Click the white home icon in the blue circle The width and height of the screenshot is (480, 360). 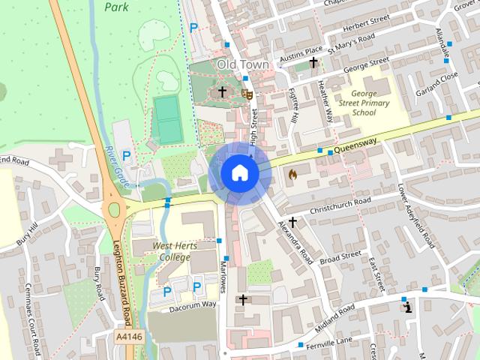pyautogui.click(x=239, y=172)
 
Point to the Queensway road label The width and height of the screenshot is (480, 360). pyautogui.click(x=355, y=147)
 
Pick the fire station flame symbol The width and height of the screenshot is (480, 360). pyautogui.click(x=292, y=174)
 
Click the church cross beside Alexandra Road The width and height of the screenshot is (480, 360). pyautogui.click(x=292, y=222)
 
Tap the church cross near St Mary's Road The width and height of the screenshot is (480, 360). pyautogui.click(x=313, y=63)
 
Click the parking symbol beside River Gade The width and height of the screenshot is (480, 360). pyautogui.click(x=126, y=155)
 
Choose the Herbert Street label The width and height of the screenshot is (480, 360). pyautogui.click(x=367, y=22)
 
